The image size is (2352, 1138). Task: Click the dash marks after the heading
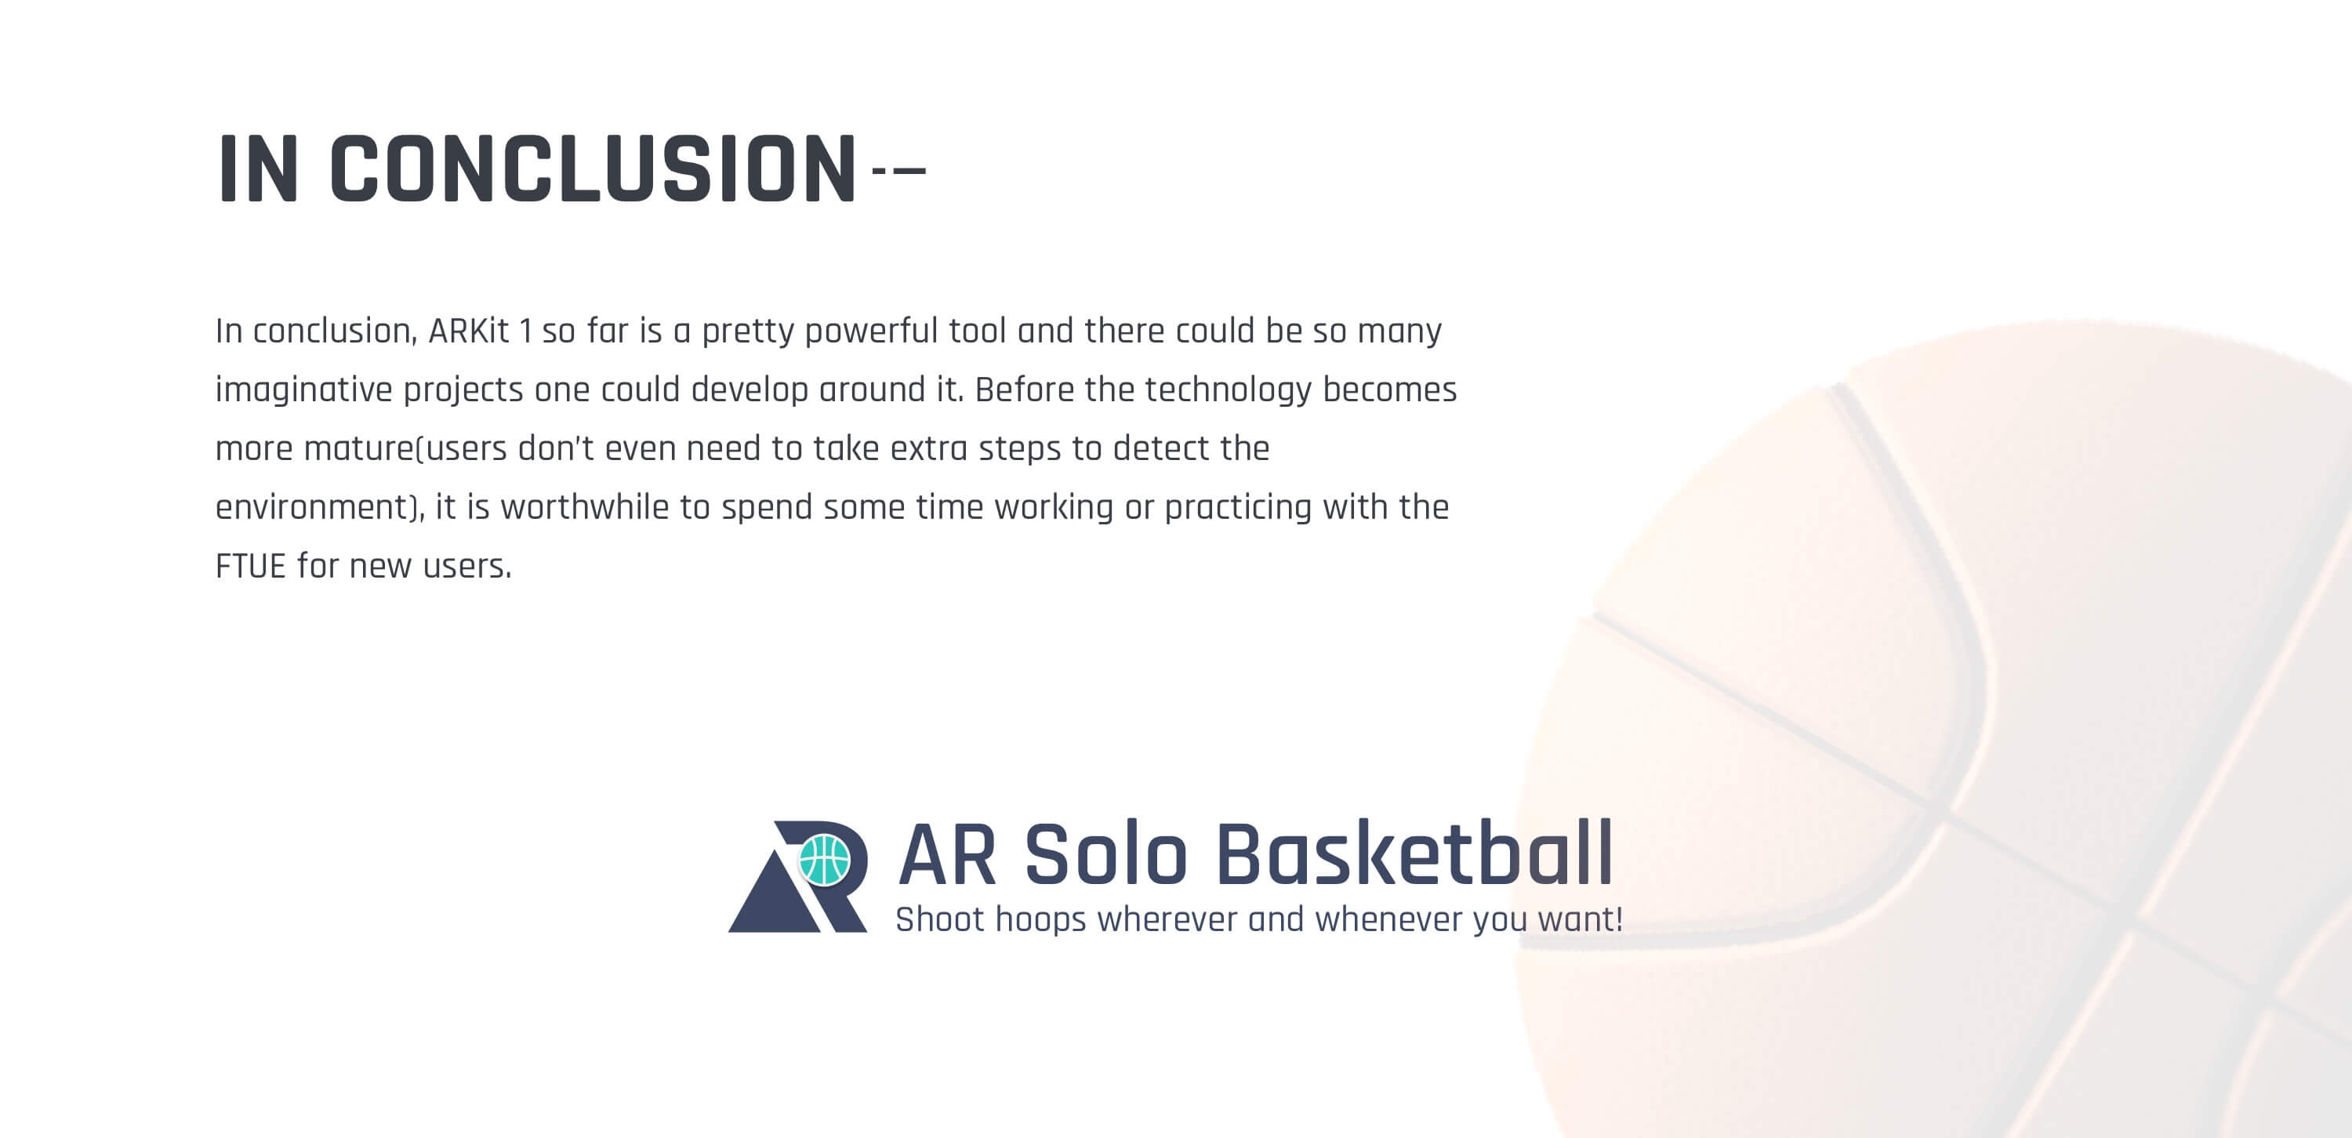(899, 170)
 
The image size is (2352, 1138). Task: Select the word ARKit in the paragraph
(468, 331)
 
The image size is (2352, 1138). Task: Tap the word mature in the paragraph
(359, 449)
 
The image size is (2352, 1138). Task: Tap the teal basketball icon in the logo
(825, 860)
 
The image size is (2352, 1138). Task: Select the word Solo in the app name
(1105, 854)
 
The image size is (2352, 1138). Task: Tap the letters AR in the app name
(947, 854)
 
